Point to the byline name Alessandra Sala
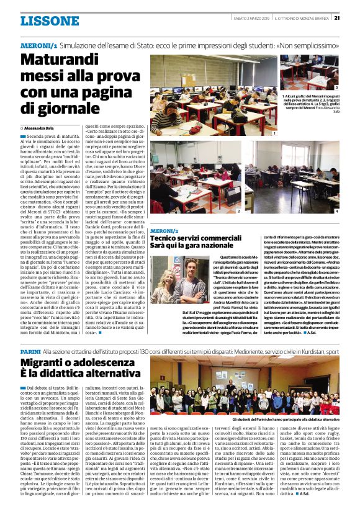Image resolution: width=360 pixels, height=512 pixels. point(41,127)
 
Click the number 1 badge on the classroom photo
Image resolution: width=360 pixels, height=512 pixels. point(274,133)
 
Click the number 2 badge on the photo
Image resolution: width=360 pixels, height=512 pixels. point(238,212)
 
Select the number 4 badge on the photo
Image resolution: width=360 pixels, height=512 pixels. point(336,212)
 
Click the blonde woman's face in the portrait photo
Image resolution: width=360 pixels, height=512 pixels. point(168,279)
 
